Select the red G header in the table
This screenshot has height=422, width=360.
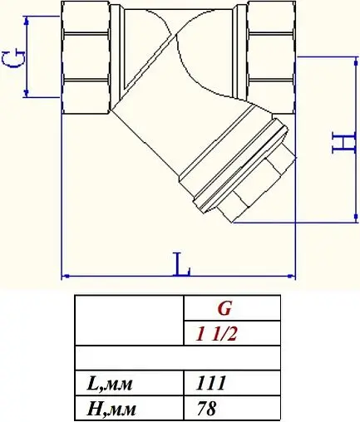pyautogui.click(x=224, y=308)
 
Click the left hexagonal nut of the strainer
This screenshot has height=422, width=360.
pyautogui.click(x=87, y=53)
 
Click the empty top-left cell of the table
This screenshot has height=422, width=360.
pyautogui.click(x=128, y=321)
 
